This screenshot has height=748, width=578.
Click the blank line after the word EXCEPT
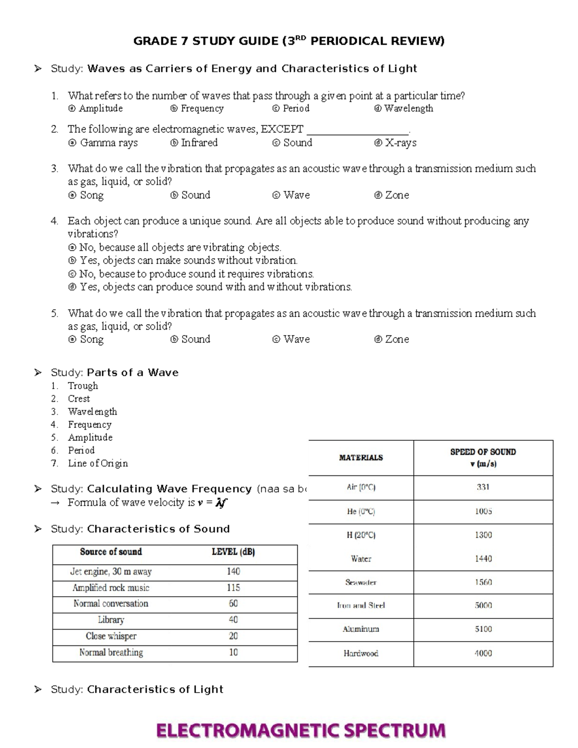357,130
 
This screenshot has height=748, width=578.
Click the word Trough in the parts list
83,386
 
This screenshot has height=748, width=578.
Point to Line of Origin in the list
98,463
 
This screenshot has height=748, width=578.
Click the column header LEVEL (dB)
233,552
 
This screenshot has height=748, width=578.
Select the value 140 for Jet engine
233,572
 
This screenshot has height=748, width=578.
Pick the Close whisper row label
111,636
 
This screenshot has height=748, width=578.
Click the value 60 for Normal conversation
233,604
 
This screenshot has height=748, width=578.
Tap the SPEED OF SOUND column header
483,458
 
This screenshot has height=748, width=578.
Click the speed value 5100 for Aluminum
483,629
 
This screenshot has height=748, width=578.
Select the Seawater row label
361,582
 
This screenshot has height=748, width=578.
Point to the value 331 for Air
483,487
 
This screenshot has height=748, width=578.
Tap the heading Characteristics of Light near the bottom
155,689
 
